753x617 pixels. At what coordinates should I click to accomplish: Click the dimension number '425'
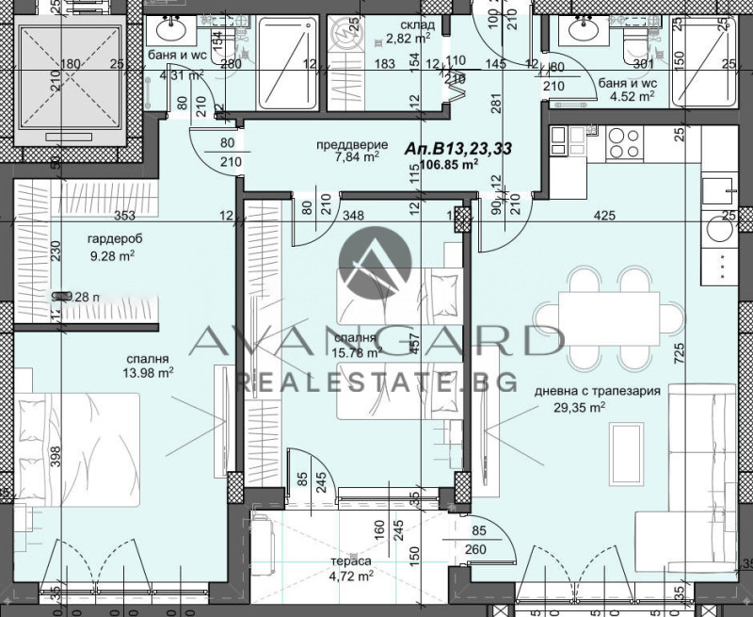point(604,217)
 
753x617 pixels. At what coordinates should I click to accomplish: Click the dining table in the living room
point(609,314)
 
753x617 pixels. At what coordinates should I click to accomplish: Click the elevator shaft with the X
point(72,79)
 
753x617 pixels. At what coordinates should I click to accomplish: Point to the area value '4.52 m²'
point(633,95)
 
